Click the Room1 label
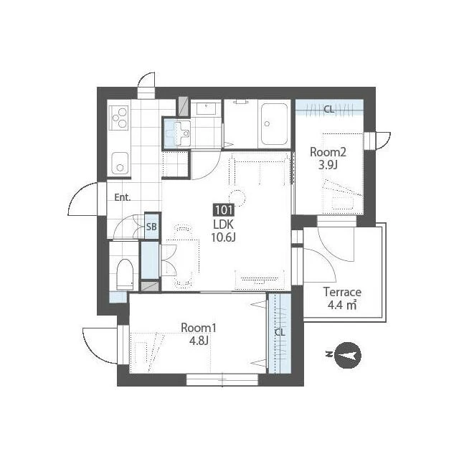pyautogui.click(x=199, y=328)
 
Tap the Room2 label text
pyautogui.click(x=328, y=152)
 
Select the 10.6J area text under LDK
pyautogui.click(x=223, y=237)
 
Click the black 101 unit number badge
pyautogui.click(x=224, y=210)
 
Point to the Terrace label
pyautogui.click(x=342, y=292)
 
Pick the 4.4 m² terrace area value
pyautogui.click(x=342, y=306)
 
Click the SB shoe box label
pyautogui.click(x=151, y=227)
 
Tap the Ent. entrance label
pyautogui.click(x=123, y=197)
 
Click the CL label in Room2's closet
pyautogui.click(x=328, y=110)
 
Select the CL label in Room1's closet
pyautogui.click(x=280, y=332)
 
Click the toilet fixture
pyautogui.click(x=125, y=274)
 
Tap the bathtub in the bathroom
pyautogui.click(x=274, y=124)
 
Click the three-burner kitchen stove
pyautogui.click(x=118, y=118)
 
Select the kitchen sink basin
pyautogui.click(x=120, y=164)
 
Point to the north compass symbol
pyautogui.click(x=347, y=355)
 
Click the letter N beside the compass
pyautogui.click(x=328, y=354)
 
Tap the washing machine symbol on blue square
pyautogui.click(x=177, y=133)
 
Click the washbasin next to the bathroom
pyautogui.click(x=207, y=108)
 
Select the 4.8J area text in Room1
pyautogui.click(x=199, y=341)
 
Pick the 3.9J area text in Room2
pyautogui.click(x=328, y=166)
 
